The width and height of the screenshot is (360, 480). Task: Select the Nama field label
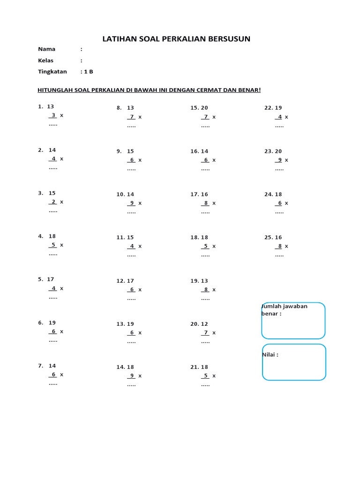(x=46, y=49)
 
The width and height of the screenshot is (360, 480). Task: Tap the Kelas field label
(x=45, y=60)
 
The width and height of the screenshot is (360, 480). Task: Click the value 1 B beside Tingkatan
(x=89, y=72)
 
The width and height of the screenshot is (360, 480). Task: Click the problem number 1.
(x=40, y=107)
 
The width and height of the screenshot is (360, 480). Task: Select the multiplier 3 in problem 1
(x=53, y=115)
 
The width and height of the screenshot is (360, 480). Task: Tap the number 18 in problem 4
(x=52, y=236)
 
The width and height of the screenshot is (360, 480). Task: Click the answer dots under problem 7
(x=53, y=384)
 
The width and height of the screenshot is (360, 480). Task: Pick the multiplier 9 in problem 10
(x=132, y=203)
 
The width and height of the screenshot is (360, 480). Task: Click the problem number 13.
(x=120, y=324)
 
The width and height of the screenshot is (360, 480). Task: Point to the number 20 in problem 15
(x=204, y=108)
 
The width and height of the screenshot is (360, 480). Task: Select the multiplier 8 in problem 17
(x=206, y=203)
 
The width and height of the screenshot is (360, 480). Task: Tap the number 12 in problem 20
(x=204, y=324)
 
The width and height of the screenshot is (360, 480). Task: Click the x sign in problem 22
(x=286, y=117)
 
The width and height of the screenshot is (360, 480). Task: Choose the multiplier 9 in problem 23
(x=280, y=160)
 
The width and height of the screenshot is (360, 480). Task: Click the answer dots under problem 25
(x=279, y=256)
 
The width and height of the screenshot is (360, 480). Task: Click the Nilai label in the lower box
(x=270, y=355)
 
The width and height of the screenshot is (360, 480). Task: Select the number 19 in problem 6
(x=52, y=322)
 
